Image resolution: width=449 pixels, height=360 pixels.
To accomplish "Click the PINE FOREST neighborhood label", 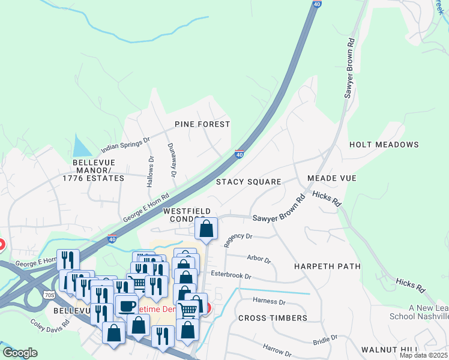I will click(202, 124).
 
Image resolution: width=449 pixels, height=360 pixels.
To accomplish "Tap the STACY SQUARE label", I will click(249, 182).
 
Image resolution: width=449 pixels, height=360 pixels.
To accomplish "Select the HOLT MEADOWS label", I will click(384, 145).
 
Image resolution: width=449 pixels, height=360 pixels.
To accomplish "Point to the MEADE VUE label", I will click(331, 178).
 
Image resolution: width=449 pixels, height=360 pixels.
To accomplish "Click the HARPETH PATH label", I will click(327, 266).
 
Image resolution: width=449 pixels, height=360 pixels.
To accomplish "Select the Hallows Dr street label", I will click(150, 172).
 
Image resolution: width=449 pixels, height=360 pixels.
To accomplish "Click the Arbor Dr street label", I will click(259, 259).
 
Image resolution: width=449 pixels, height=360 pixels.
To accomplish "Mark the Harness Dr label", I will click(269, 301).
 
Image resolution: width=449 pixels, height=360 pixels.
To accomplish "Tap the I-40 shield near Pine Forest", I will click(239, 154).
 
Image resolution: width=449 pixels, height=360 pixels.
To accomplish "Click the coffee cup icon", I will click(126, 305).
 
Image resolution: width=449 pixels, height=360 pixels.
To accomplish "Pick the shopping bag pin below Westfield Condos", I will click(206, 229).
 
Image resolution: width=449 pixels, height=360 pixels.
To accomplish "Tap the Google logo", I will click(20, 352).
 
